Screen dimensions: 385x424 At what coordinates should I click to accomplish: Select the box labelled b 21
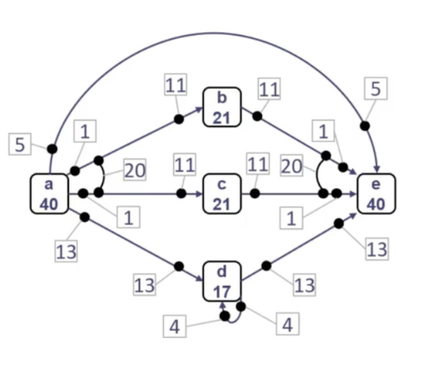click(x=221, y=108)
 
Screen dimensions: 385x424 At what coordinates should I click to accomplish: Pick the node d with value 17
click(x=222, y=281)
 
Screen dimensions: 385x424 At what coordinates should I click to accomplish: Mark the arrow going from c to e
click(x=289, y=194)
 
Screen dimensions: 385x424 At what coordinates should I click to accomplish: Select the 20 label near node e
click(x=292, y=167)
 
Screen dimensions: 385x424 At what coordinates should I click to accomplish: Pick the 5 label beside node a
click(x=20, y=145)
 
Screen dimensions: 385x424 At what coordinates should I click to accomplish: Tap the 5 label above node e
click(x=375, y=88)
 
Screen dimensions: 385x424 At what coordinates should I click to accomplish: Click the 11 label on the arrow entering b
click(x=176, y=86)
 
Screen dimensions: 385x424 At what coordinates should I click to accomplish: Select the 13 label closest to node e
click(x=375, y=250)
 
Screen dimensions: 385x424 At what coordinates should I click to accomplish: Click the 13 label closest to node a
click(x=66, y=251)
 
